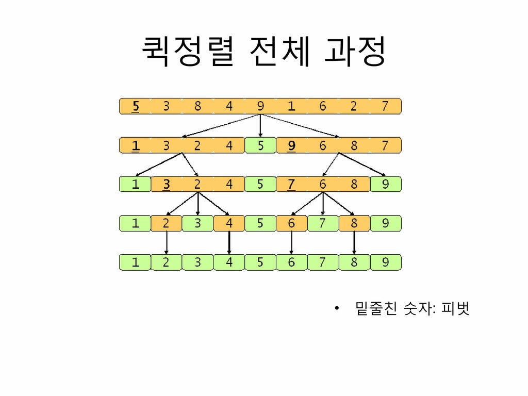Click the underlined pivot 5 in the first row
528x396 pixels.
point(136,106)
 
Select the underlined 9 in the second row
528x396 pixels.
point(292,145)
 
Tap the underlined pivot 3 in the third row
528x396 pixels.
point(167,185)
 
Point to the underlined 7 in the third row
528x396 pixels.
point(292,185)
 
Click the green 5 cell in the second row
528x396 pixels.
point(260,145)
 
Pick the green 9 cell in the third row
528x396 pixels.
point(386,185)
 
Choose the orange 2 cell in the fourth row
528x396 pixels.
point(167,223)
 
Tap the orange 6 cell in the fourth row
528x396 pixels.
point(292,223)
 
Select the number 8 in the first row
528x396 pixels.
point(197,106)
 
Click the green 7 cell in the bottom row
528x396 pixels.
point(323,262)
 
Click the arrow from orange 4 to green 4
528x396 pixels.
point(229,242)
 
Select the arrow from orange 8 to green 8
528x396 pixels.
point(354,242)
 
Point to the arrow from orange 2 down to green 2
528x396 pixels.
point(167,242)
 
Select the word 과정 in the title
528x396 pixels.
point(355,52)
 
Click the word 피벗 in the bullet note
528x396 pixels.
point(455,309)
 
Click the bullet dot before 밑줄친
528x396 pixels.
point(336,309)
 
